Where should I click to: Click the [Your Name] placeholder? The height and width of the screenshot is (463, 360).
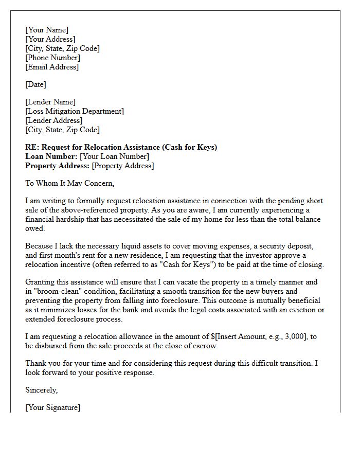pos(47,30)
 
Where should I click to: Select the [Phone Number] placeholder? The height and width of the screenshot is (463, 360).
pos(52,58)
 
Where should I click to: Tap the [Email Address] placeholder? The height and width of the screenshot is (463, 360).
pos(52,67)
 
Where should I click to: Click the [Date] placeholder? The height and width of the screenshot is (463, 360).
pos(35,84)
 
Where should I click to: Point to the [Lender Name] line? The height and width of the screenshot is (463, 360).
pos(50,102)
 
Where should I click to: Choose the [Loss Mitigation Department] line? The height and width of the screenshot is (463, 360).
pos(75,111)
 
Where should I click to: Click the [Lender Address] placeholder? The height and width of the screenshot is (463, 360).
pos(54,120)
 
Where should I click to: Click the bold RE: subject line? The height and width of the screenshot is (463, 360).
pos(121,147)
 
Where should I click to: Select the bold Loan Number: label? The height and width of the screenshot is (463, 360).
pos(51,156)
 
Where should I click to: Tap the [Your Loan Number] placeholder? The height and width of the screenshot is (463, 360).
pos(115,156)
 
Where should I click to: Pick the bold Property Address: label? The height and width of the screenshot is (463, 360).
pos(57,166)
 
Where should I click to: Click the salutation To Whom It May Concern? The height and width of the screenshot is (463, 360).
pos(69,183)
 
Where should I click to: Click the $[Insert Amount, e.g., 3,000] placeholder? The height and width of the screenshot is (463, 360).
pos(254,336)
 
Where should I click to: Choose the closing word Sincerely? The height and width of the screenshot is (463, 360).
pos(42,390)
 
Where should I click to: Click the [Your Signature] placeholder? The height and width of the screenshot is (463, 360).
pos(52,407)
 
